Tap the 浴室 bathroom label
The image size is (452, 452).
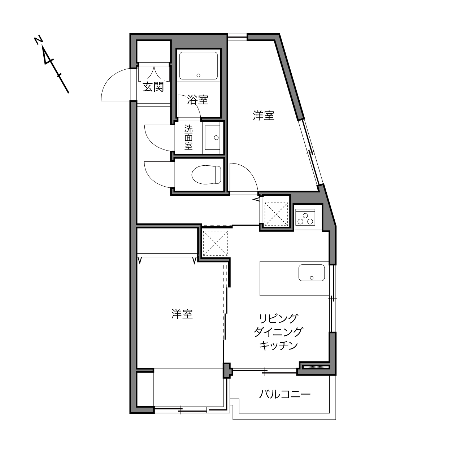pos(197,100)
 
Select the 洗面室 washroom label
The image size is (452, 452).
pos(188,137)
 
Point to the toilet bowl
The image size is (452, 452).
pos(207,175)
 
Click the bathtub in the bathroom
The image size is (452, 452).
pos(199,66)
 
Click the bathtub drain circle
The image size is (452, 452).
pos(199,75)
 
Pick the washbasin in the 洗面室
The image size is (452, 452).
pos(212,138)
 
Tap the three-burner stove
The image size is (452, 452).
pos(305,217)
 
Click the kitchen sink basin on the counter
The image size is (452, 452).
pos(312,273)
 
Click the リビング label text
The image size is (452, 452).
pos(278,319)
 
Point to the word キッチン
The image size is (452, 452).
pos(278,345)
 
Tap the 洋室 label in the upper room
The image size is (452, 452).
pos(264,116)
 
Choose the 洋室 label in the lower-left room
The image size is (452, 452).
pos(182,314)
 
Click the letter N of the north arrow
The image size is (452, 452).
pos(38,40)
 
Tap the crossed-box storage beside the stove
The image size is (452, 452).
pos(276,214)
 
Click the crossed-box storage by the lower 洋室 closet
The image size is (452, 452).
pos(215,243)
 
